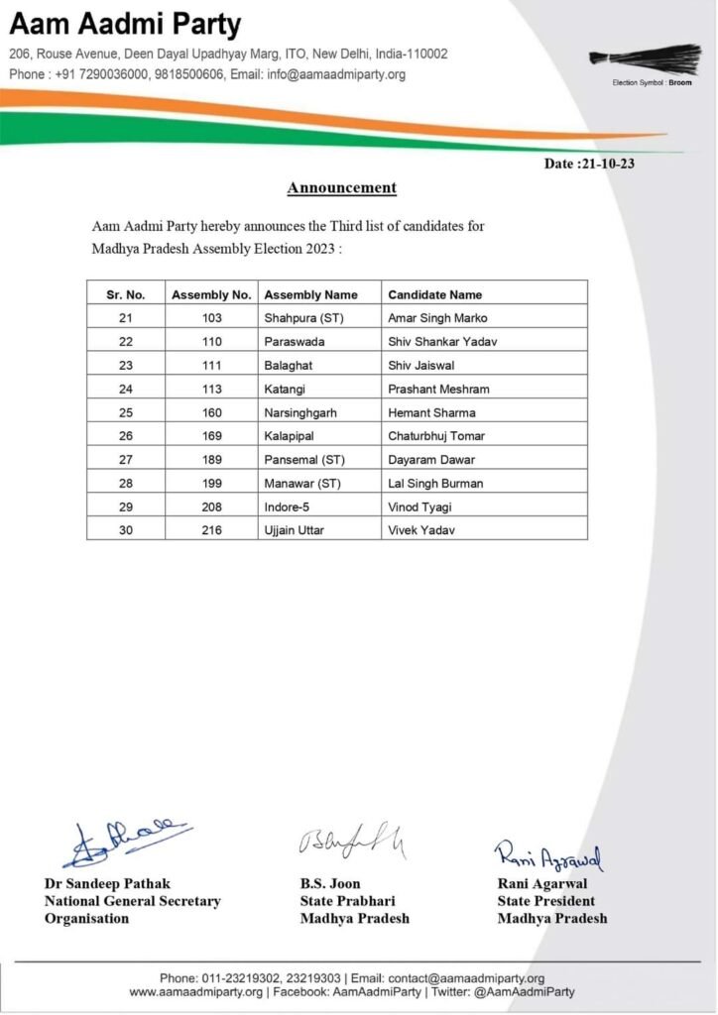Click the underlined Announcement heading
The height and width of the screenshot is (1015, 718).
[342, 187]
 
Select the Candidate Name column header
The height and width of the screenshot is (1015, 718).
[434, 294]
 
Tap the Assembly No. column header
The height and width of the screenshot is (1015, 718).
[211, 294]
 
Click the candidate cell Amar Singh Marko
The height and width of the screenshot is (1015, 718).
[437, 318]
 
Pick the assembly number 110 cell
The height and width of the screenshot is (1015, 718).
[211, 342]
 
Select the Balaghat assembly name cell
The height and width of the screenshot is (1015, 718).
[289, 366]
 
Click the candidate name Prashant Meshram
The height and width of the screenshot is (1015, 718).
[438, 390]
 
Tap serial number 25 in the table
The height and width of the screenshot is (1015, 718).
[126, 413]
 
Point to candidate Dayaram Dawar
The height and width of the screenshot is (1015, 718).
[431, 460]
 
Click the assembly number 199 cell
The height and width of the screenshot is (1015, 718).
[211, 484]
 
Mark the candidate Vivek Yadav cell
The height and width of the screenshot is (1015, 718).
[422, 530]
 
